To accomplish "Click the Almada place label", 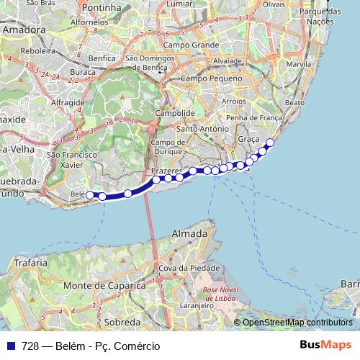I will (191, 234).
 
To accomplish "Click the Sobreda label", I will (122, 322).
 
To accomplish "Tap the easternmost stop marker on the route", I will (270, 142).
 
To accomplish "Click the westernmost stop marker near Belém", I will (91, 194).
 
